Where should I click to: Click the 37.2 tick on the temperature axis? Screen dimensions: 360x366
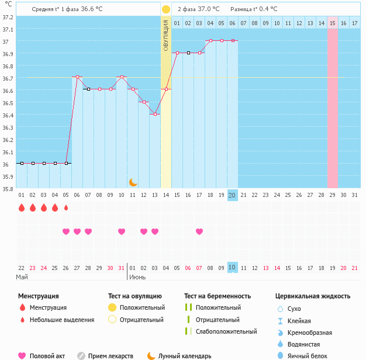8,17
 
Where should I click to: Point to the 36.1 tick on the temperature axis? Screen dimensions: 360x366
8,152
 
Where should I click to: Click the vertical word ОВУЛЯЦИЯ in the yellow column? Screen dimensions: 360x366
166,35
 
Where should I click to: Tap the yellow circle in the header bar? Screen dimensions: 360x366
166,9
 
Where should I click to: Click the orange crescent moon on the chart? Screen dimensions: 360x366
133,182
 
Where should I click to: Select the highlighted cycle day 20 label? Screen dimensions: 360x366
232,195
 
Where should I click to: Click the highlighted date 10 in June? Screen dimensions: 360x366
232,267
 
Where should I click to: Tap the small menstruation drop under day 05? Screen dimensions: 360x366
66,207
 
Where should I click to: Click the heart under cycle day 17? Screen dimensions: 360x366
199,231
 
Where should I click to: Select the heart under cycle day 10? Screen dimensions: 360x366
122,231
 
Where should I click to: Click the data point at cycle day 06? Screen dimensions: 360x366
77,77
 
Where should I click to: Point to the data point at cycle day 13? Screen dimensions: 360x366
155,114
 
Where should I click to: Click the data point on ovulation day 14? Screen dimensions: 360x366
166,89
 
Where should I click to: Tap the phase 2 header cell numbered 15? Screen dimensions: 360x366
332,23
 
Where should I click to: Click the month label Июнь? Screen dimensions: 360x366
137,276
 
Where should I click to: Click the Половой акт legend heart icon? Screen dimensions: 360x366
22,355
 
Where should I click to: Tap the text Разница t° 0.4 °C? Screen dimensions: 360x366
254,9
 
